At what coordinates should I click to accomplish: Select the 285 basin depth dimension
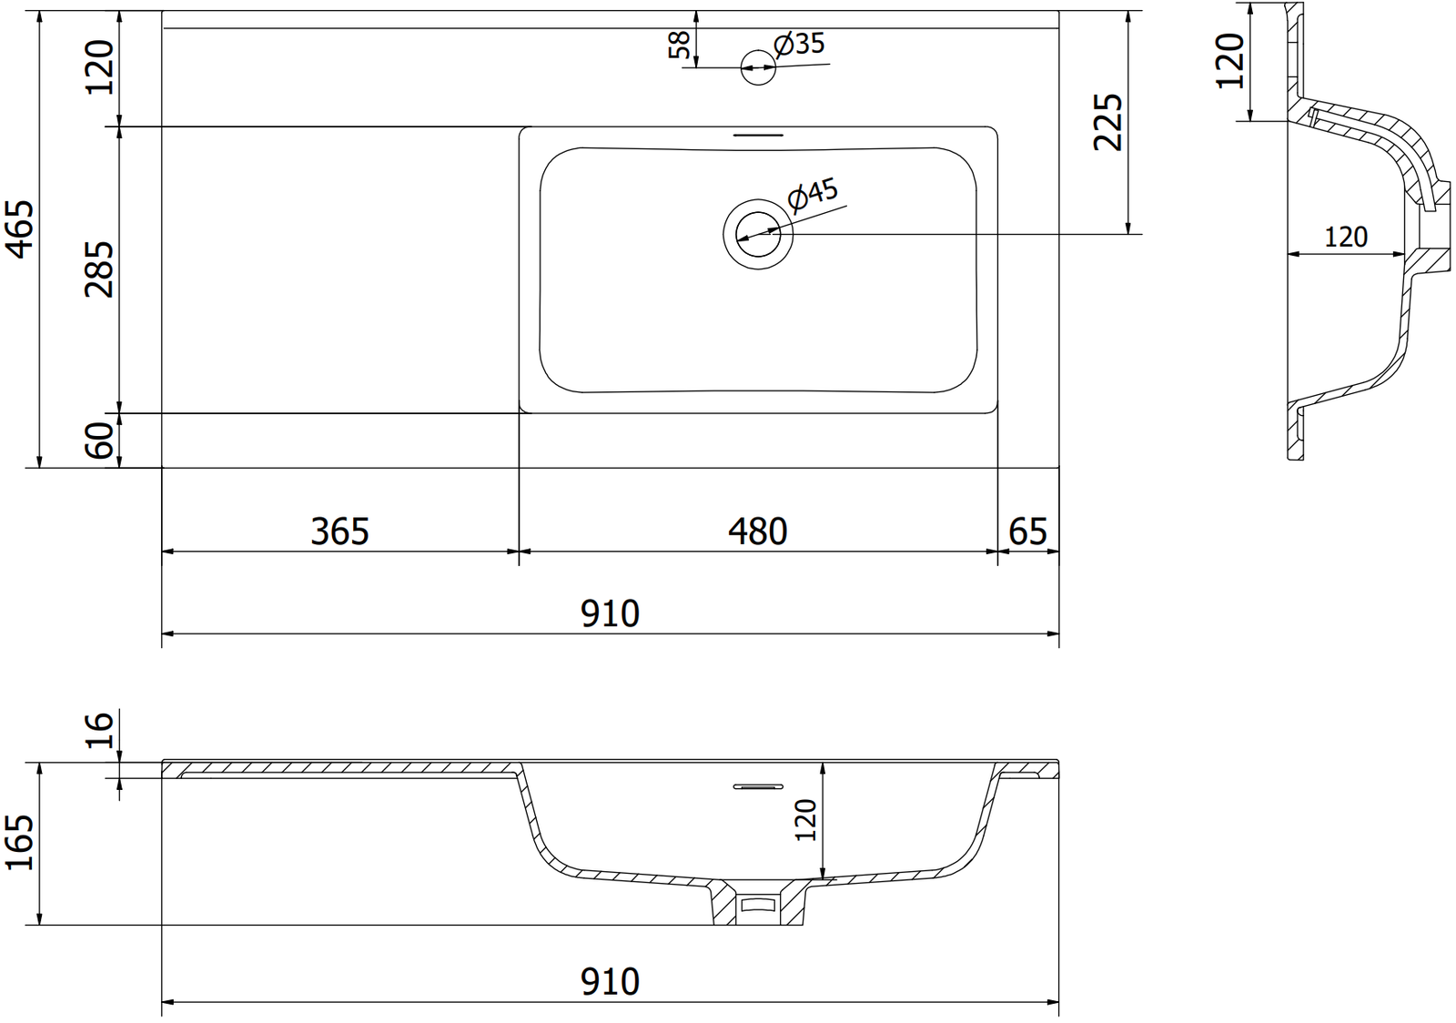coord(99,269)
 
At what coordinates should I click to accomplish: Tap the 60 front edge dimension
coord(99,440)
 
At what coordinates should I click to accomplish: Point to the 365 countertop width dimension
coord(340,531)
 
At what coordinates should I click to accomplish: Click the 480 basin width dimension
coord(758,531)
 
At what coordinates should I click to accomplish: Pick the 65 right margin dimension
coord(1028,531)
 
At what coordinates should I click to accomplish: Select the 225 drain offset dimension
coord(1108,122)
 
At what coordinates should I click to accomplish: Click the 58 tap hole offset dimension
coord(679,45)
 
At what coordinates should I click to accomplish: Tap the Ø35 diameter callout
coord(799,45)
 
